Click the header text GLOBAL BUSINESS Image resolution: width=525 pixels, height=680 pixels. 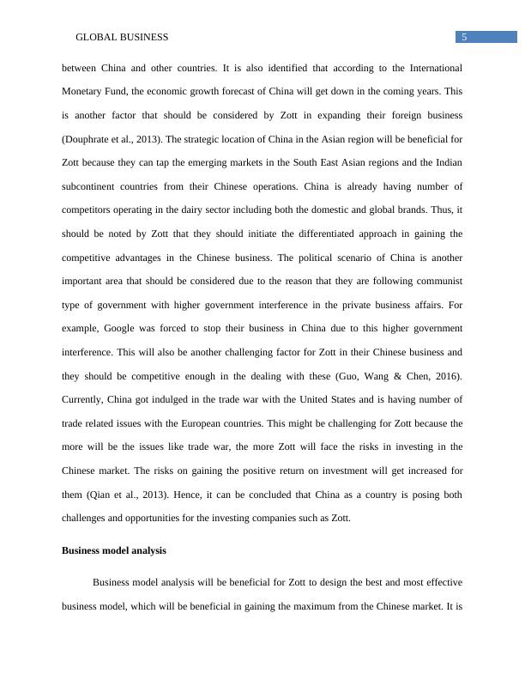122,37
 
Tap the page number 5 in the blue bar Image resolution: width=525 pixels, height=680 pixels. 464,37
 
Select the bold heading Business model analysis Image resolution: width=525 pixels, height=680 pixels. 114,550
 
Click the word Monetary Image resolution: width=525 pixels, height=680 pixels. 86,90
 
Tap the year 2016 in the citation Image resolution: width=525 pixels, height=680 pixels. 447,376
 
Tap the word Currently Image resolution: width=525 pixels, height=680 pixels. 85,399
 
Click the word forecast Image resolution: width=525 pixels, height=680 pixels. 242,90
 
